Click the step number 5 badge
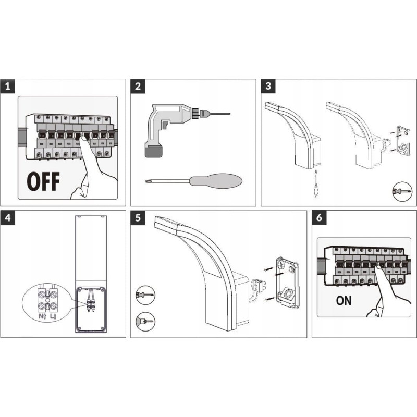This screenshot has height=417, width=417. pos(138,218)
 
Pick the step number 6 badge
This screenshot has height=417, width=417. pos(319,218)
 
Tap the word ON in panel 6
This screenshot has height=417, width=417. pos(344,300)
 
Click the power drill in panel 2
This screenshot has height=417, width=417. pos(167,125)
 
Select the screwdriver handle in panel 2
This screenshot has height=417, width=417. pos(215,181)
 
